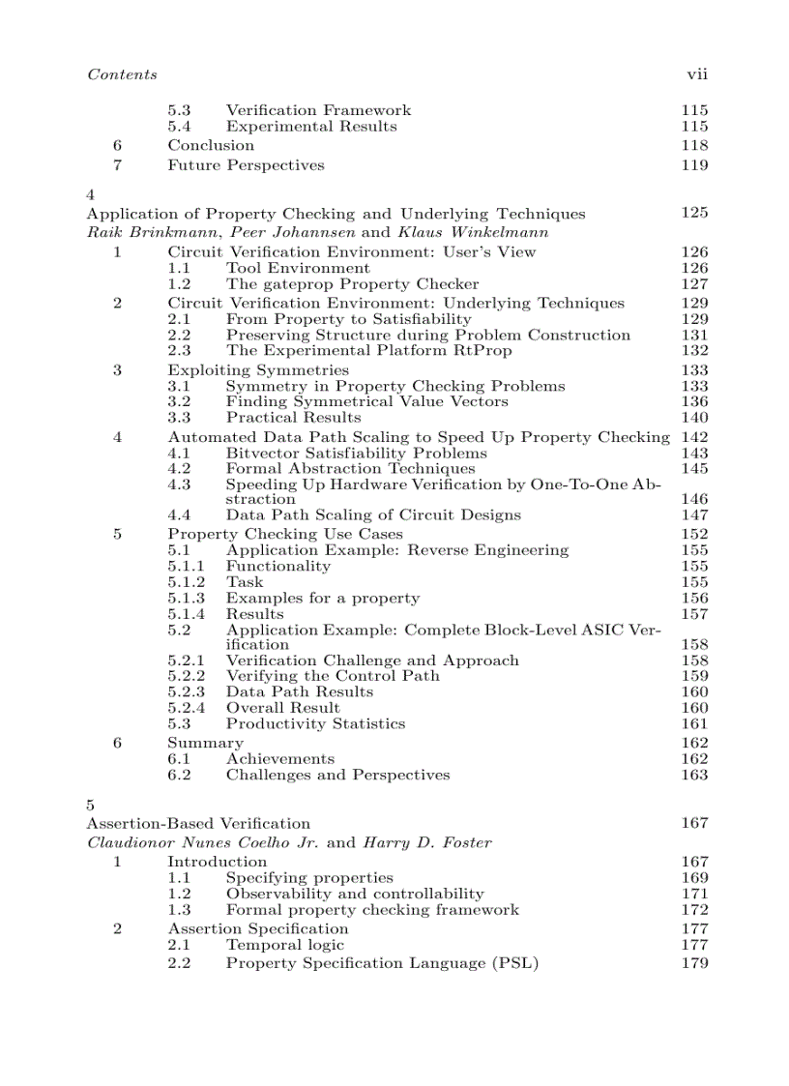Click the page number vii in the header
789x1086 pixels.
(697, 74)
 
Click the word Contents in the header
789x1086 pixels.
(122, 74)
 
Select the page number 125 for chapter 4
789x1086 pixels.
(694, 213)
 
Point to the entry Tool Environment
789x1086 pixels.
(298, 268)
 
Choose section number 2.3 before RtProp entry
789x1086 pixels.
(179, 351)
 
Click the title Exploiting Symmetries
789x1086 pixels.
(258, 370)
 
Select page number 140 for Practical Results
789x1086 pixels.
(694, 418)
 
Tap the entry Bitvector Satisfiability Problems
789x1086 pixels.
(357, 453)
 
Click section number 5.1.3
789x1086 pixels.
(186, 598)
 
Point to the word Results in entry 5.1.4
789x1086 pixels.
(255, 614)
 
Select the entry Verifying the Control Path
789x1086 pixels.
(333, 676)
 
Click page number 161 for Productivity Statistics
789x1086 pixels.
(694, 723)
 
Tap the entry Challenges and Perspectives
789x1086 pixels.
(337, 775)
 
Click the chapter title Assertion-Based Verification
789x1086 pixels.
(198, 823)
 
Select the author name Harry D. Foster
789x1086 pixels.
(426, 842)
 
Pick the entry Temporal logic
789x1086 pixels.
(285, 945)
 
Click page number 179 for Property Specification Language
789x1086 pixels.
(694, 963)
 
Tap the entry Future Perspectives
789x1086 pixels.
(246, 164)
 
